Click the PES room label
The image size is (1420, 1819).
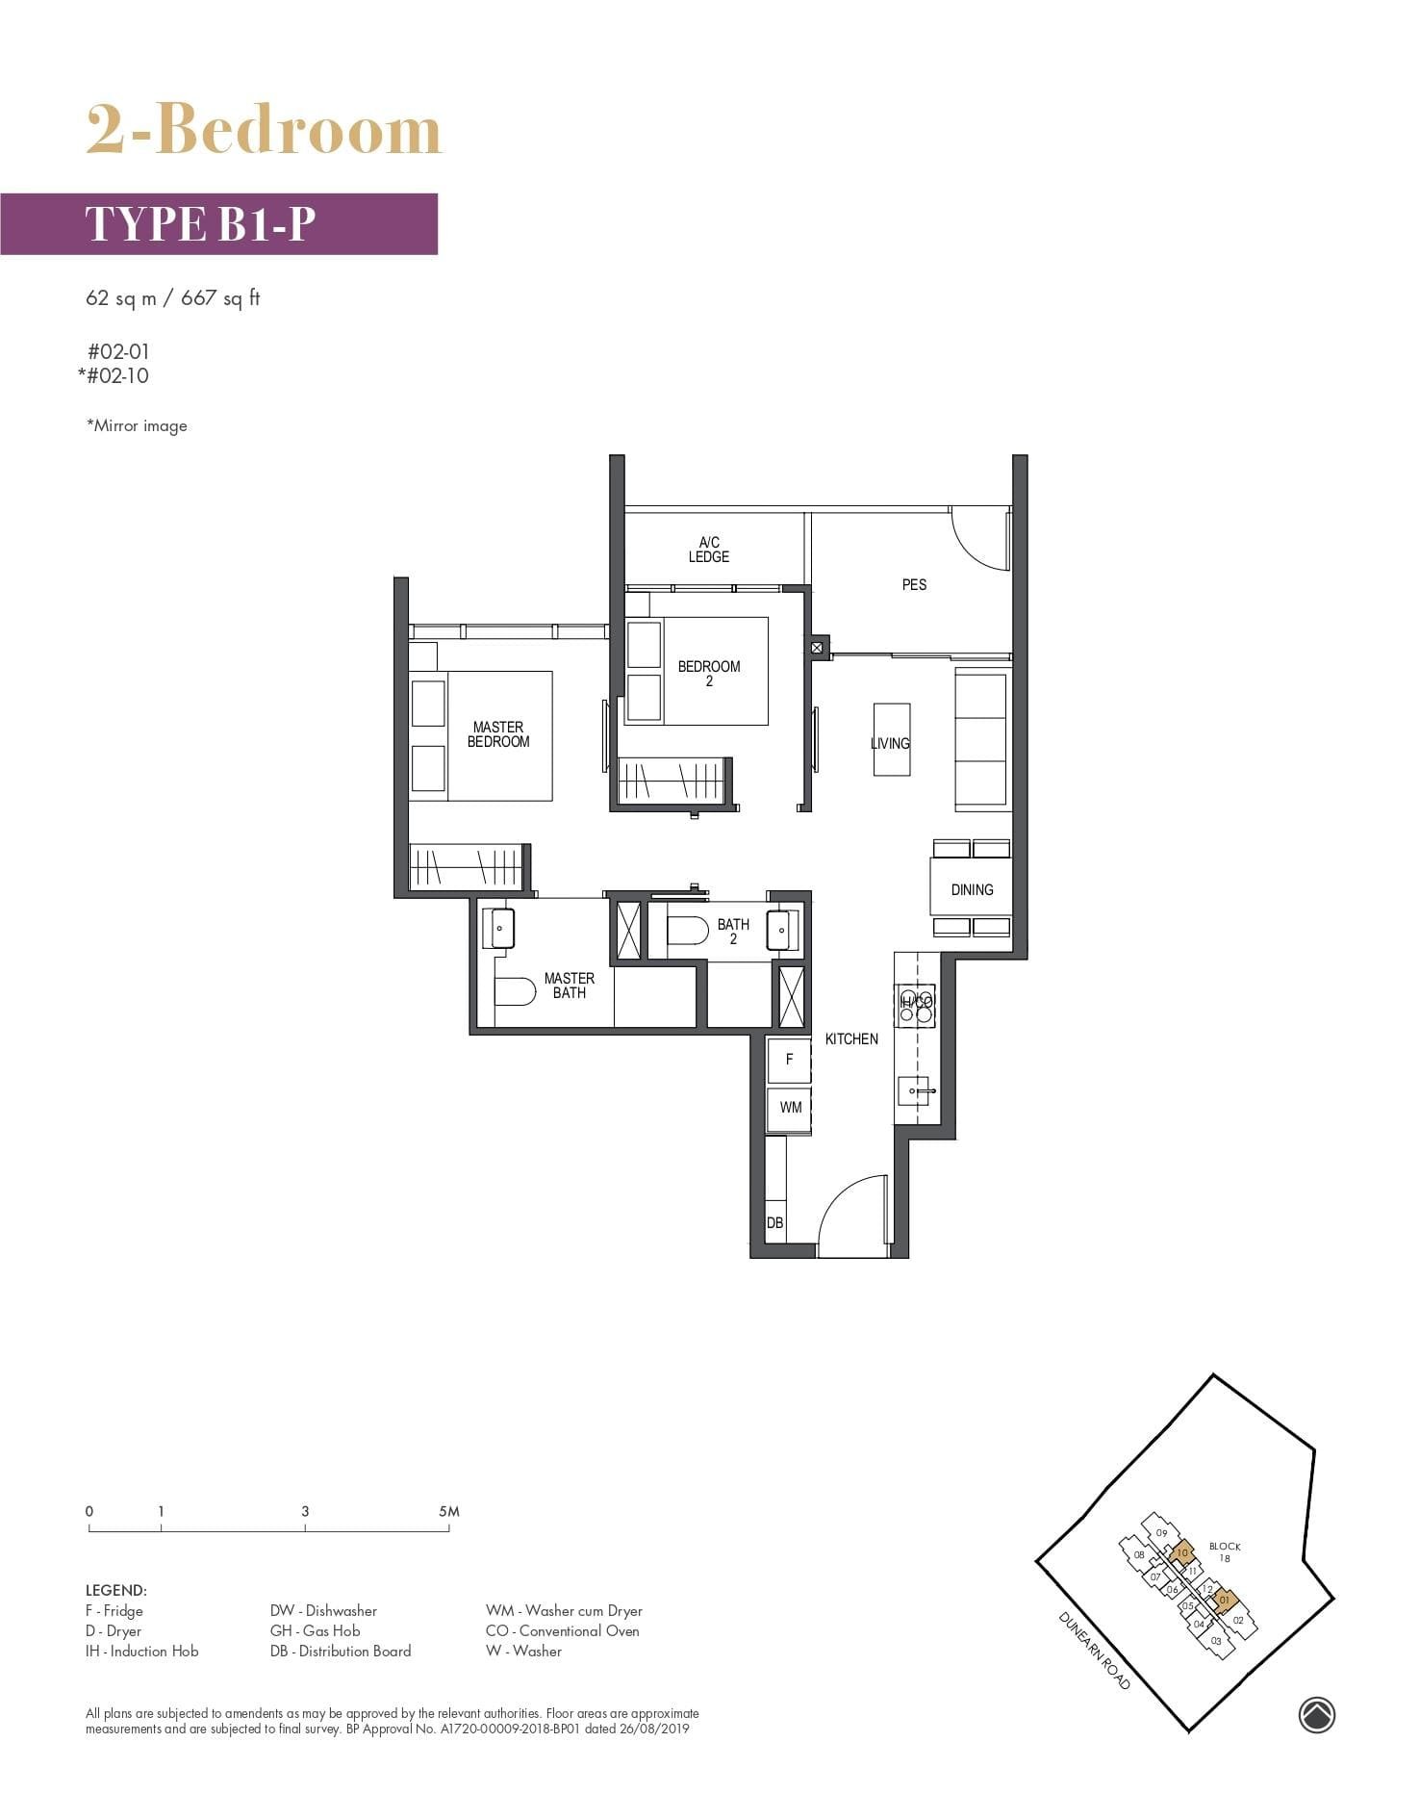tap(914, 584)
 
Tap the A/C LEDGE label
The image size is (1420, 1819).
tap(709, 550)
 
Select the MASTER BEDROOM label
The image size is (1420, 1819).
tap(498, 734)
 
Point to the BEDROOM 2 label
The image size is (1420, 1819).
tap(709, 673)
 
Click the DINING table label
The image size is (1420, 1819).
tap(972, 889)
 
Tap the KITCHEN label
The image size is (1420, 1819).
tap(851, 1038)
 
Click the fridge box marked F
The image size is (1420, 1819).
tap(790, 1059)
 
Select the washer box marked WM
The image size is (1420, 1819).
tap(790, 1108)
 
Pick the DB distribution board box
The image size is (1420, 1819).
tap(775, 1222)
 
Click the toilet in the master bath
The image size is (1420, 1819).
tap(515, 991)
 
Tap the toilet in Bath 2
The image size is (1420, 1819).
tap(687, 931)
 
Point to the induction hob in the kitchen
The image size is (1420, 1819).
tap(915, 1003)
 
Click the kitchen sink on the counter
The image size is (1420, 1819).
tap(914, 1091)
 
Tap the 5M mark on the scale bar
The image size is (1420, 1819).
tap(449, 1512)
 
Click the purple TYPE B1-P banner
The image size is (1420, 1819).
tap(219, 223)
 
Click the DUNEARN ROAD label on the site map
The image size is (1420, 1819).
tap(1094, 1650)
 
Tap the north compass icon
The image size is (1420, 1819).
tap(1316, 1714)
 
